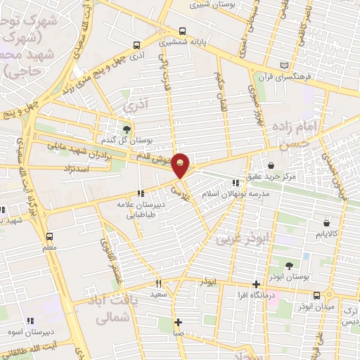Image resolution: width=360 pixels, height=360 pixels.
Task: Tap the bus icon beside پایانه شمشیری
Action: pos(183,31)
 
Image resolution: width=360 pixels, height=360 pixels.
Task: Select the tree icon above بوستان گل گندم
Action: pos(127,129)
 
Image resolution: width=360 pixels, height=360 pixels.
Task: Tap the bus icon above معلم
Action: pos(49,236)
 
